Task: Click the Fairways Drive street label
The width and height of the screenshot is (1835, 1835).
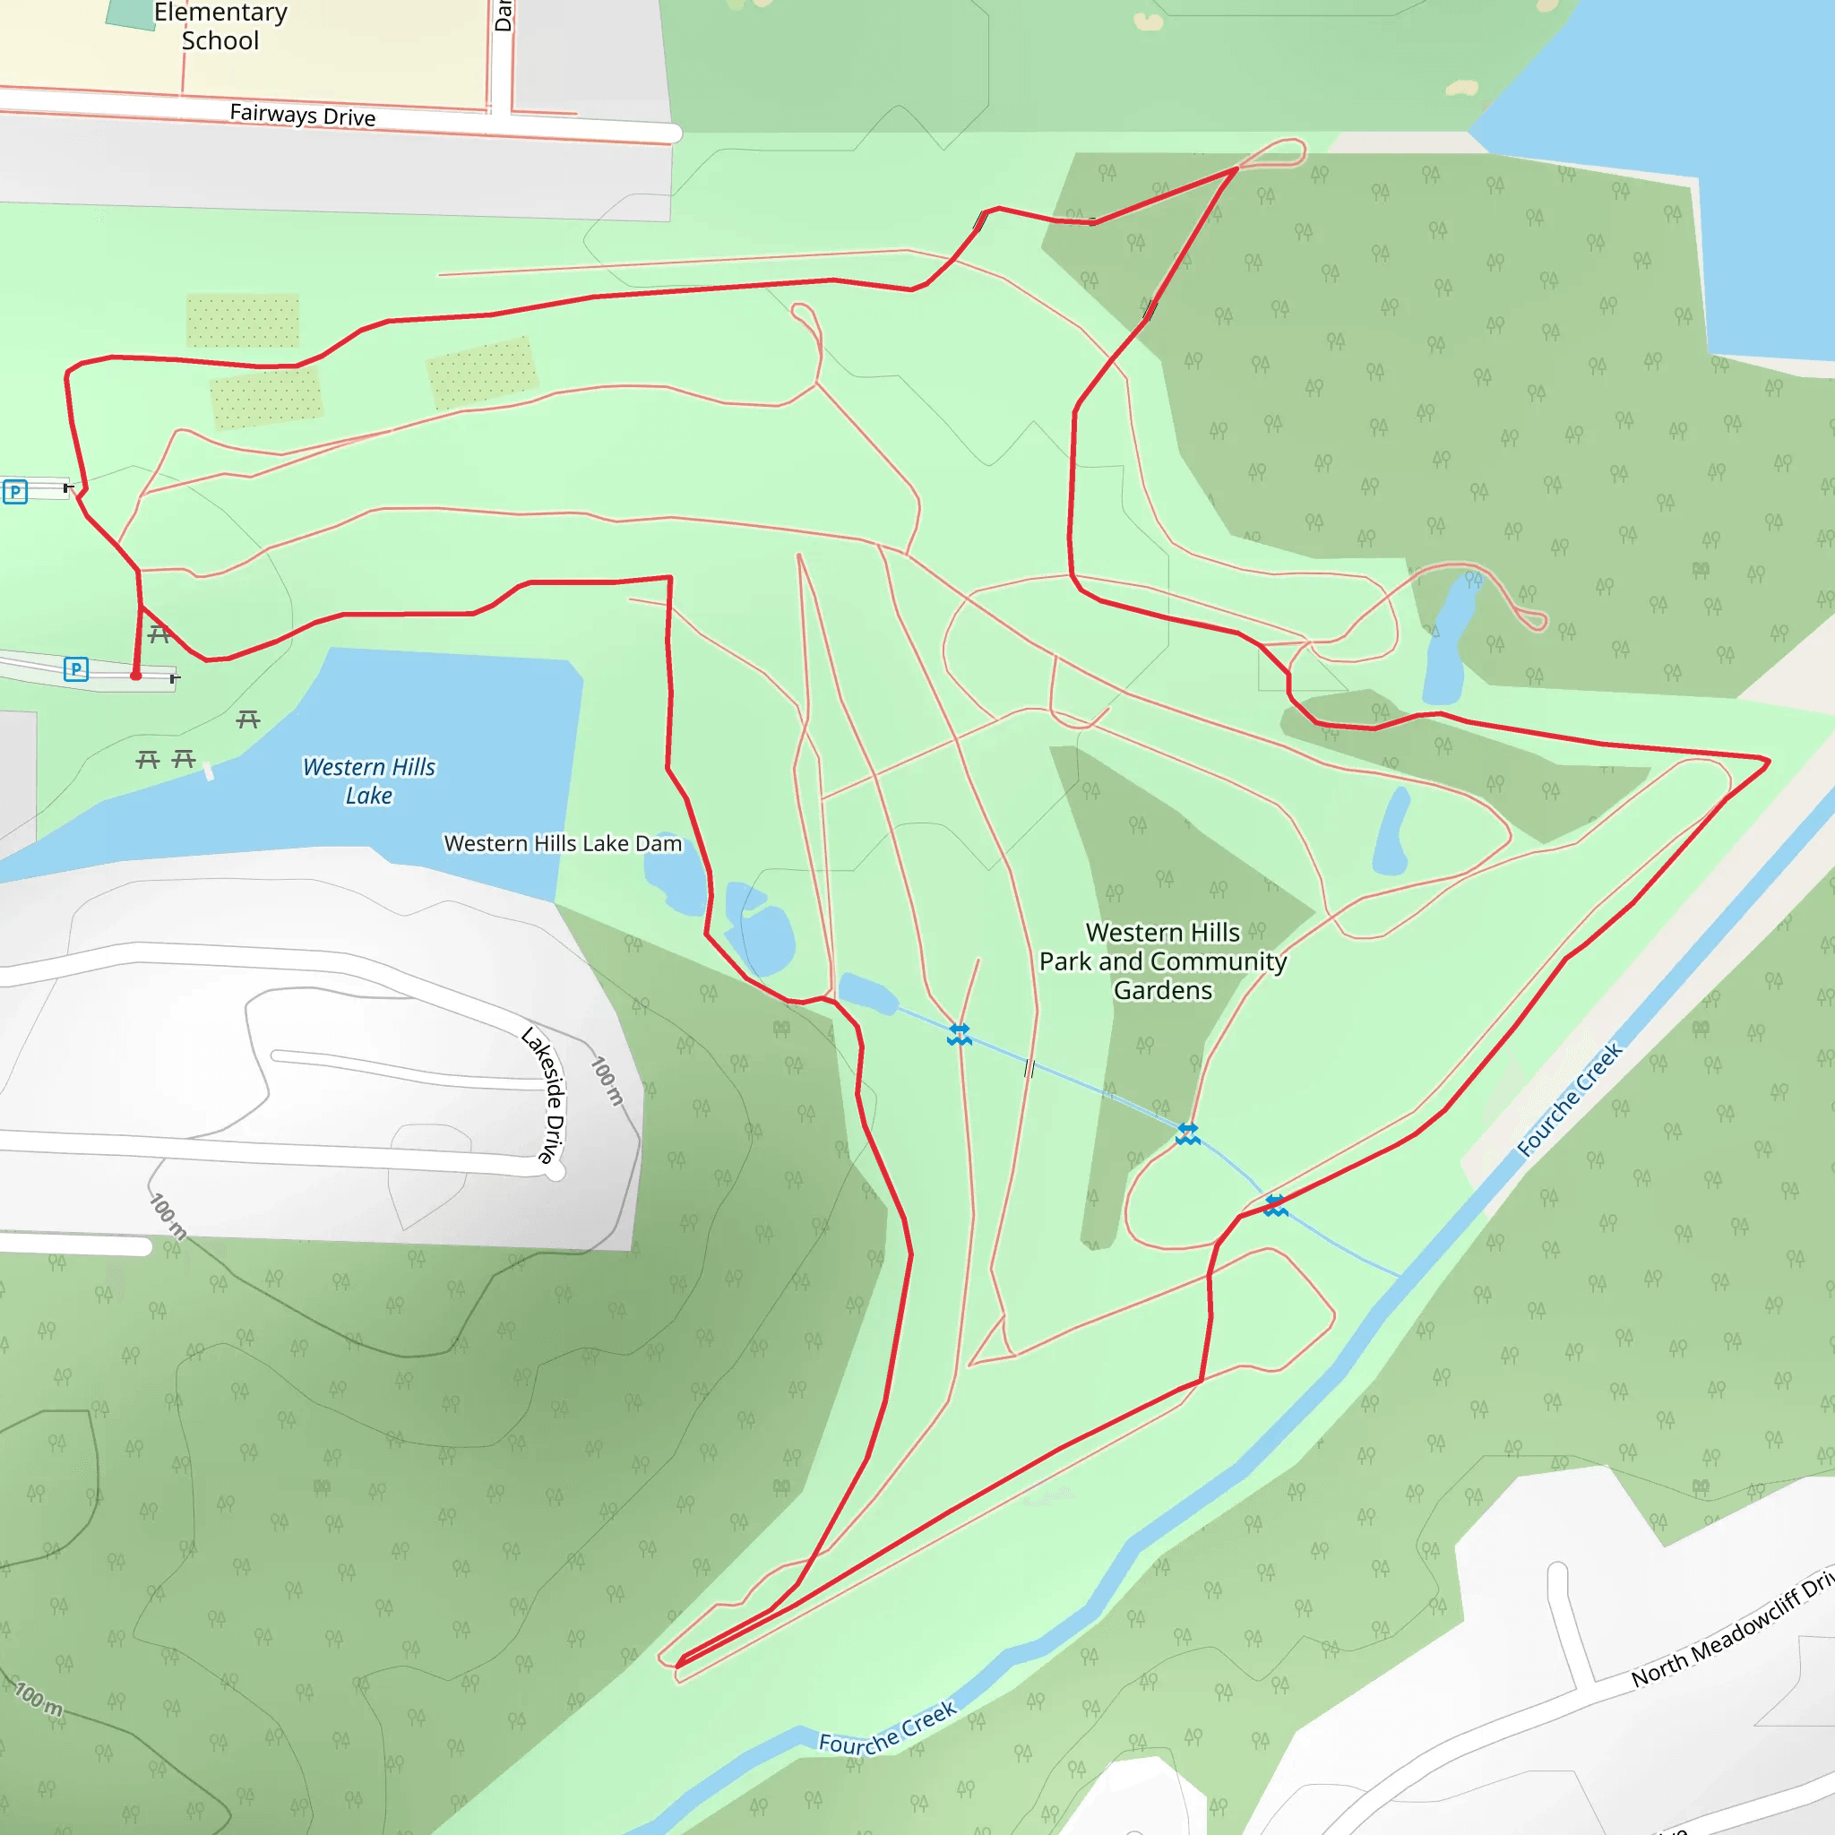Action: point(302,115)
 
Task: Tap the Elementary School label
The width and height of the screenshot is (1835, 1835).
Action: point(220,27)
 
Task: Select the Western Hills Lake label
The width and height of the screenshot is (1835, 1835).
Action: point(368,780)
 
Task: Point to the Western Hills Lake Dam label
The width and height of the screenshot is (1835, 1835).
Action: point(563,843)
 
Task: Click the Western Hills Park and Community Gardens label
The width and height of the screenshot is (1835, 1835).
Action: point(1162,961)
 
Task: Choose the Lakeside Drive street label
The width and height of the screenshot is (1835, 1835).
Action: point(545,1096)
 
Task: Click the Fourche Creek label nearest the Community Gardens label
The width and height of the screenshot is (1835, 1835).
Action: point(1569,1100)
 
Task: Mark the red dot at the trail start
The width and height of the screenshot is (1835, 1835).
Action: point(136,676)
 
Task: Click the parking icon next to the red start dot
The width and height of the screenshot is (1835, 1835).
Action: point(76,669)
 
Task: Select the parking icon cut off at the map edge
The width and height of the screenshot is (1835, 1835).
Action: point(14,492)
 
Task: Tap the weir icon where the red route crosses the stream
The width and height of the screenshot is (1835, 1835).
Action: point(1276,1206)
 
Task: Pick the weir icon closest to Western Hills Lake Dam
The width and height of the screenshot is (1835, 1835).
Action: point(960,1034)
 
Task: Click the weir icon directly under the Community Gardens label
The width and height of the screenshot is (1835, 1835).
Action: point(1187,1133)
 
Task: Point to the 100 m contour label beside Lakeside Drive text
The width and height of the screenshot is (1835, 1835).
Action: point(607,1081)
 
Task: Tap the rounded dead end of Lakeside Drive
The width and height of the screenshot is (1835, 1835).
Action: point(556,1171)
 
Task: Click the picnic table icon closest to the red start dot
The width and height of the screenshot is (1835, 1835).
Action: point(159,634)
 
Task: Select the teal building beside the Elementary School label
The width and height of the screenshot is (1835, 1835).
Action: point(130,13)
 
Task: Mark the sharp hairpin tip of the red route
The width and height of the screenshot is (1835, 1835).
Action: point(678,1664)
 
